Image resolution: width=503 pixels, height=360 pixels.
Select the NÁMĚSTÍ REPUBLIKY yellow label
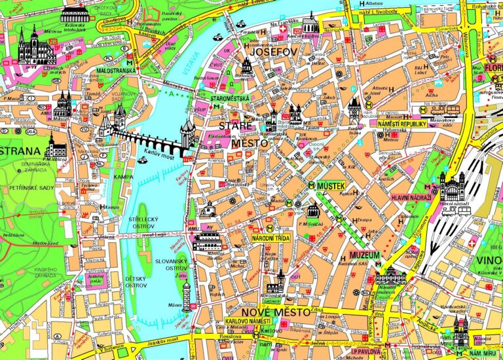point(402,124)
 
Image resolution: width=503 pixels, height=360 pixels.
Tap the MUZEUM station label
point(365,255)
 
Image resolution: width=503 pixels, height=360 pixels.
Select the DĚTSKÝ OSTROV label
point(136,282)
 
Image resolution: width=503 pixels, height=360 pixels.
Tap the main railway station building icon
point(451,186)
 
